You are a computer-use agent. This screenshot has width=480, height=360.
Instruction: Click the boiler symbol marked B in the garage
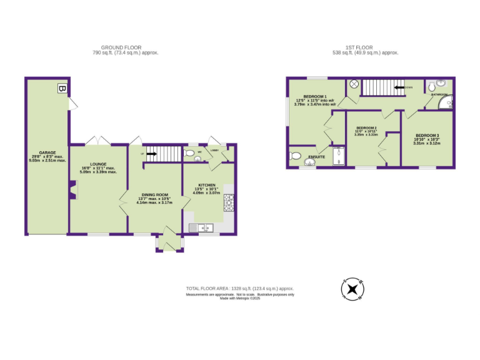(x=61, y=88)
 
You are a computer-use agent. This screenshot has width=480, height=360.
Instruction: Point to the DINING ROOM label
(x=154, y=195)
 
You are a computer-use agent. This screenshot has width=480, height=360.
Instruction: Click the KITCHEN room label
(x=207, y=186)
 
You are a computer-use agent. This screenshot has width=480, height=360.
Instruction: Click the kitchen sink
(x=204, y=227)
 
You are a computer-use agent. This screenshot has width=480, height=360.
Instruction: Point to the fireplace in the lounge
(x=72, y=191)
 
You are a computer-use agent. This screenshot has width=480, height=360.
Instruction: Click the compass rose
(x=352, y=289)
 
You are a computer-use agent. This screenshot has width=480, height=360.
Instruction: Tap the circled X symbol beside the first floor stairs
(x=353, y=84)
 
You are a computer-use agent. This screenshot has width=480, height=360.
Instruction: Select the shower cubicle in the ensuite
(x=338, y=156)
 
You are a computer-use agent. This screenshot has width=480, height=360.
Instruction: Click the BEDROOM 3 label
(x=427, y=136)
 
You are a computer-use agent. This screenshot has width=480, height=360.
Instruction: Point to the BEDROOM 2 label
(x=366, y=127)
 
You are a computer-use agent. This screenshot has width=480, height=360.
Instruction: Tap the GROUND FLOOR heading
(x=121, y=47)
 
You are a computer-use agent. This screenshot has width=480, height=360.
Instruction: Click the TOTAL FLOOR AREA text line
(x=239, y=288)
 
